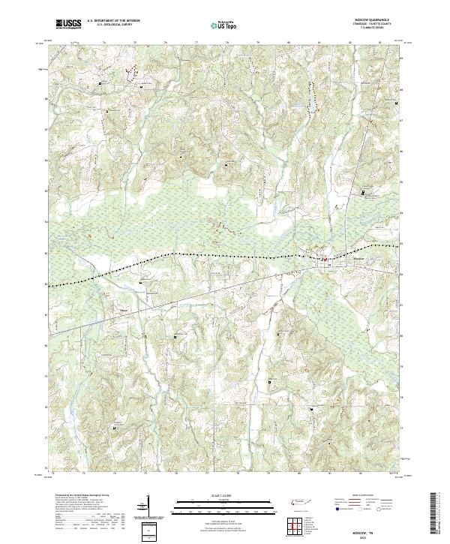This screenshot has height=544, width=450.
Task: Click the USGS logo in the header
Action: click(x=68, y=24)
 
